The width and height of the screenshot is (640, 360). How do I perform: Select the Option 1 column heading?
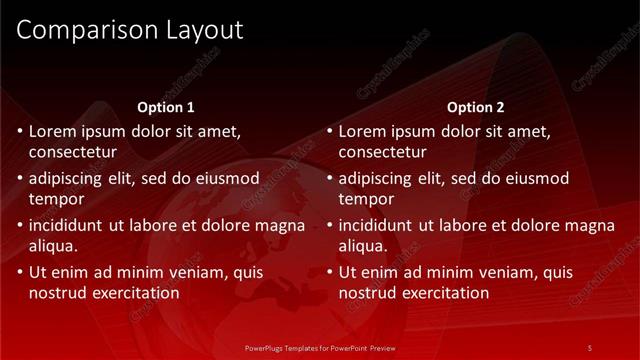coord(165,107)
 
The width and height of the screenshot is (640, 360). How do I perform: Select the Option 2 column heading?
coord(476,107)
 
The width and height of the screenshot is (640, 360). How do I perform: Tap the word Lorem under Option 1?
coord(53,131)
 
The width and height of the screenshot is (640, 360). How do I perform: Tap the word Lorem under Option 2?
coord(363,131)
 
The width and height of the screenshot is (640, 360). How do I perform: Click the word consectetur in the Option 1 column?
coord(72,152)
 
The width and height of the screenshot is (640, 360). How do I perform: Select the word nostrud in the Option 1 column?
coord(58,293)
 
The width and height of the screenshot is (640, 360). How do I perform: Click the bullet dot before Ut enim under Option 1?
coord(20,272)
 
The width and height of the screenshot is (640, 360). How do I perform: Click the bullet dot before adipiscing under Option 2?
coord(330,179)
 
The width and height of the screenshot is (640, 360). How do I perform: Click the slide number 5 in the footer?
coord(590,347)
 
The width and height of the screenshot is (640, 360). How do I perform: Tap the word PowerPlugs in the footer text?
coord(265,347)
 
